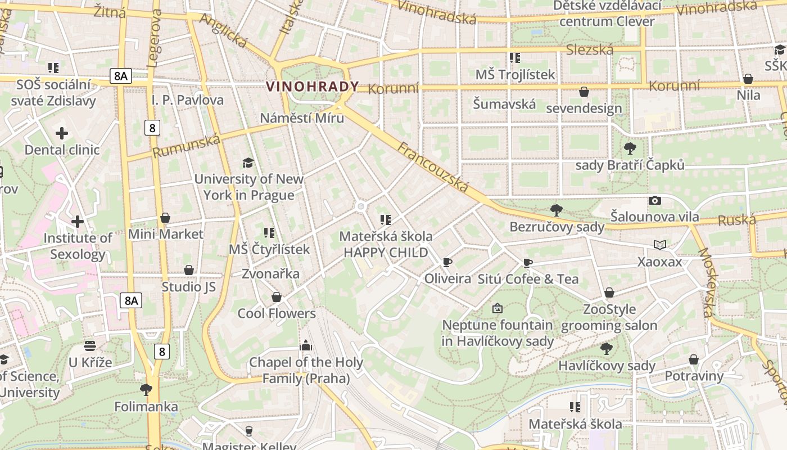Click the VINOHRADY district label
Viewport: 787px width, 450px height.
tap(312, 87)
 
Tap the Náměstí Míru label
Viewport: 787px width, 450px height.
tap(302, 118)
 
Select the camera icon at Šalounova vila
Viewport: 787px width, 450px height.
tap(654, 200)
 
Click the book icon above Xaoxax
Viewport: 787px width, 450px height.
tap(660, 245)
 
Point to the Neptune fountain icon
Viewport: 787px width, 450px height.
tap(497, 308)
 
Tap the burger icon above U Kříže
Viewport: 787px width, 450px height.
tap(90, 345)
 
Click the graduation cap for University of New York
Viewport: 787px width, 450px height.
tap(248, 163)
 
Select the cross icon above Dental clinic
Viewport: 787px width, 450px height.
tap(62, 133)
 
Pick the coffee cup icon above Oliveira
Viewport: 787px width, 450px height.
tap(447, 262)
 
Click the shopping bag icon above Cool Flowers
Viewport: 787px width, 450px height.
tap(277, 296)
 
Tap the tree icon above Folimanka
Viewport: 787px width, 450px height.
tap(146, 389)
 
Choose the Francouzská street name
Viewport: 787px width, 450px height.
tap(433, 167)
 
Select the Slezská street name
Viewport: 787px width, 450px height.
tap(590, 50)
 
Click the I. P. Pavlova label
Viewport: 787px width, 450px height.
tap(188, 100)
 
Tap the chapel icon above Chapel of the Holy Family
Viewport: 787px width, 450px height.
tap(306, 345)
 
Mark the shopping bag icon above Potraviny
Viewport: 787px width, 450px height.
tap(694, 359)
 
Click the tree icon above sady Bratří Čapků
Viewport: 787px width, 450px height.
tap(630, 148)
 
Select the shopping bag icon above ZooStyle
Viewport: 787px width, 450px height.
tap(609, 292)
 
